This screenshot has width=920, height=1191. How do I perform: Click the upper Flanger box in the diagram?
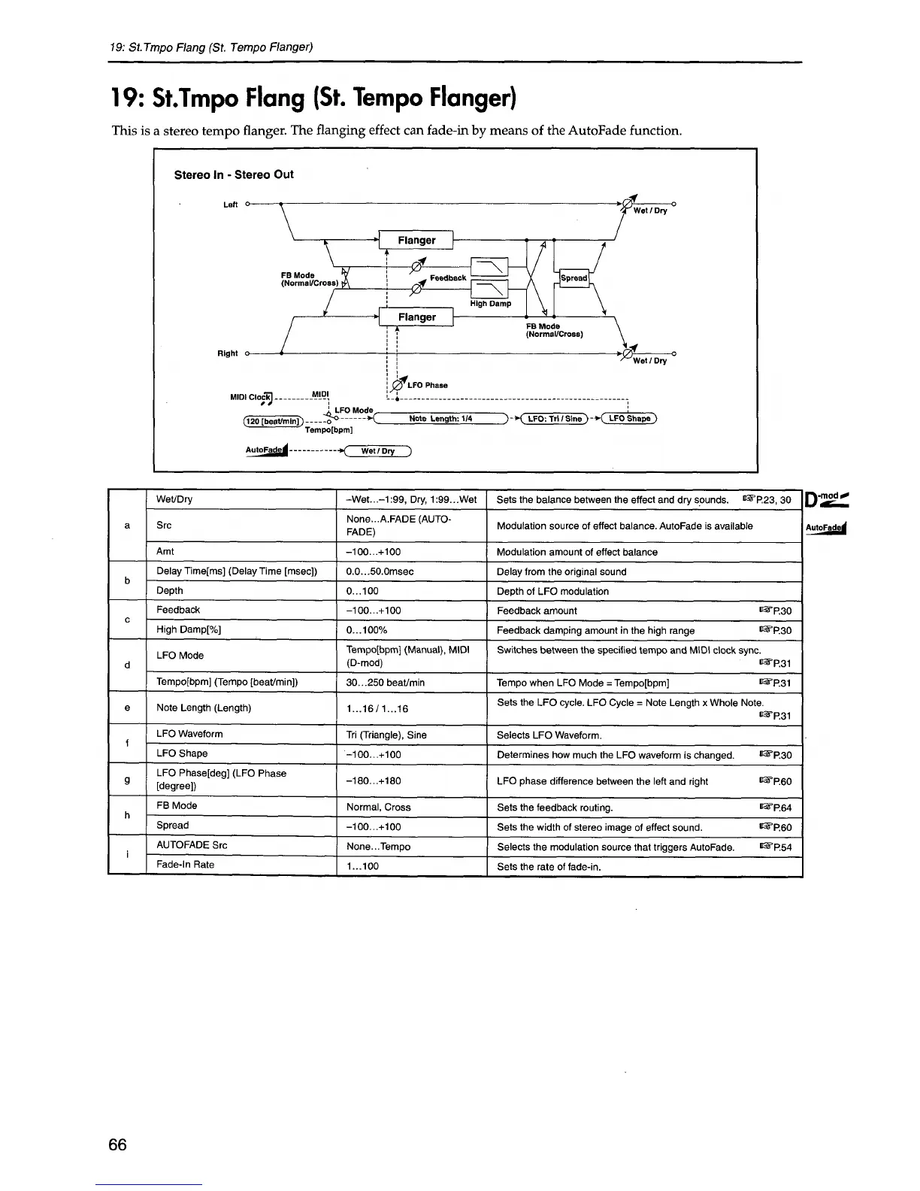coord(416,240)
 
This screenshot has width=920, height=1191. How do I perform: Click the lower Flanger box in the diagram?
coord(416,317)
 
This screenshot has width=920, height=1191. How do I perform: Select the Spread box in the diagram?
coord(574,278)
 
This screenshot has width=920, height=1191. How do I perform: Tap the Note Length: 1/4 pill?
coord(440,419)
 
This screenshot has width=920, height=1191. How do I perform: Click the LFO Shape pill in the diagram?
coord(630,419)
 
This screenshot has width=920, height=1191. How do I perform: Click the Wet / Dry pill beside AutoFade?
coord(378,451)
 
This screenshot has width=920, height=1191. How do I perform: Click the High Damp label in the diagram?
coord(490,304)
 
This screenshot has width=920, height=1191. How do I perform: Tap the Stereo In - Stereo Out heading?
coord(234,174)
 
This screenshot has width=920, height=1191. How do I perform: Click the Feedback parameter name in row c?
coord(178,610)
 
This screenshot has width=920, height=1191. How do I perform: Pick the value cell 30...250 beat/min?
coord(386,683)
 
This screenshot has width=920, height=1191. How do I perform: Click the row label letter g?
coord(128,780)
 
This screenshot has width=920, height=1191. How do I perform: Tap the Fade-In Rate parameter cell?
coord(185,865)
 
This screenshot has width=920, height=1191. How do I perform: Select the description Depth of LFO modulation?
coord(552,591)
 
